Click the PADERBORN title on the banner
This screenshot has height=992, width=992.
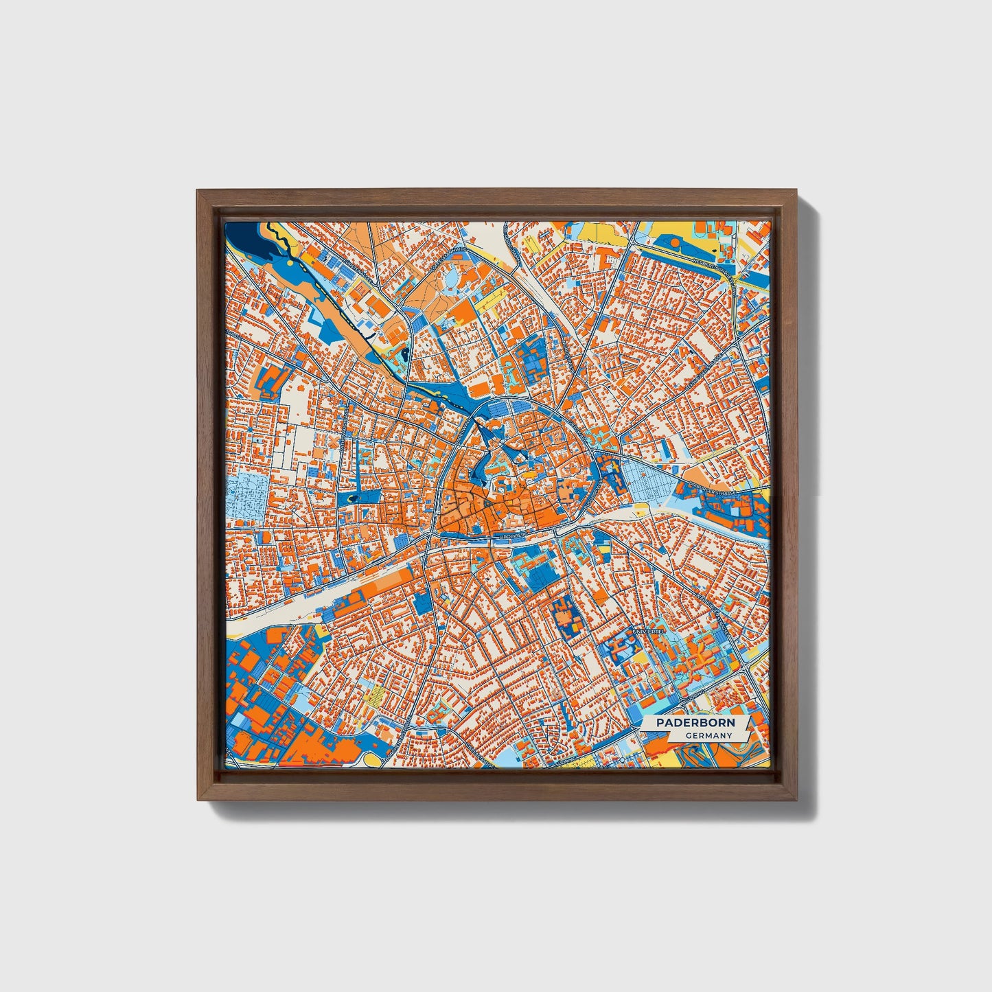(695, 723)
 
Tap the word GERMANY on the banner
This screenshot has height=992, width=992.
(708, 735)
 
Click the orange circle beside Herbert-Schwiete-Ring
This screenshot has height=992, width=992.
(676, 242)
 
